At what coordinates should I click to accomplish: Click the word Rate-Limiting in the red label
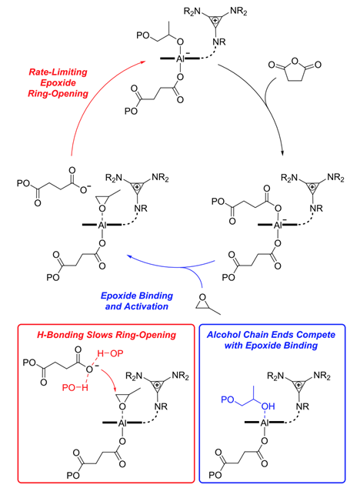(x=58, y=72)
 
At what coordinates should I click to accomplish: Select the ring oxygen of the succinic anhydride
(x=295, y=61)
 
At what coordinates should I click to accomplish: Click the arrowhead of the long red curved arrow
(x=143, y=62)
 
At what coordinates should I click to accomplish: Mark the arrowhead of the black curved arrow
(x=282, y=153)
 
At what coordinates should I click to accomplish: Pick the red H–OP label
(x=110, y=353)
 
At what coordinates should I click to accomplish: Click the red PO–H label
(x=75, y=388)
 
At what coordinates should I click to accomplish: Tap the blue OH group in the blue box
(x=268, y=406)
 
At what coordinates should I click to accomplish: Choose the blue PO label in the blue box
(x=228, y=399)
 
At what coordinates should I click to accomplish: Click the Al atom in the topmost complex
(x=180, y=58)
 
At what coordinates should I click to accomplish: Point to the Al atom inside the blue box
(x=264, y=423)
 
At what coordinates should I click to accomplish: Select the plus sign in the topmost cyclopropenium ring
(x=215, y=21)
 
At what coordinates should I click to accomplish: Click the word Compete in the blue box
(x=315, y=335)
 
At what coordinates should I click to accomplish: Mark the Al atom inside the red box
(x=122, y=423)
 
